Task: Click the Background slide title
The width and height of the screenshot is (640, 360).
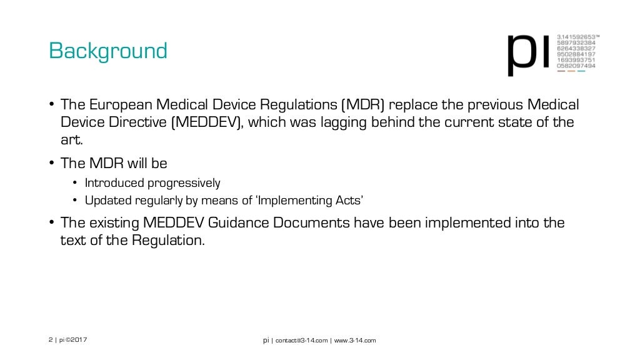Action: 108,51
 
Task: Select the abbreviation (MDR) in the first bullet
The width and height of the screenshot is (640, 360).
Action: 362,104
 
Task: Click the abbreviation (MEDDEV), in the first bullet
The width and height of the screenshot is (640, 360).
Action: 206,122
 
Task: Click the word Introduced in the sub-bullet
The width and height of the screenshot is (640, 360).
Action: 114,183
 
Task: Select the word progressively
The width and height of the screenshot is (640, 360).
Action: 184,183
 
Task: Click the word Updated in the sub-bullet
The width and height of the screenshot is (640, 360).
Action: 107,201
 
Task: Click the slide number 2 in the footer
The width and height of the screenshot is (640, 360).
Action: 50,340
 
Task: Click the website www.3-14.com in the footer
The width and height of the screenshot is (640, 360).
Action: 355,340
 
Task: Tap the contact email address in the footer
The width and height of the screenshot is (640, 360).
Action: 301,340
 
